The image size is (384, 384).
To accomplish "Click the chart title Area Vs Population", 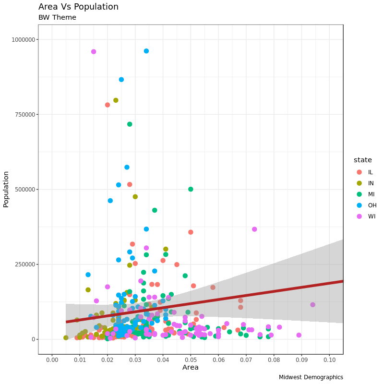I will (78, 7).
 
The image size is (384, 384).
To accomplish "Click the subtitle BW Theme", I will (57, 18).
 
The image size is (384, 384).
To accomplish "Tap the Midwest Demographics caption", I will (311, 377).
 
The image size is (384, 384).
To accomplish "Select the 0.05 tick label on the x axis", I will (191, 360).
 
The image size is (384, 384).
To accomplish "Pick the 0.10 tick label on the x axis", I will (329, 360).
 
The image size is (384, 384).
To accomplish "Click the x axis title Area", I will (190, 368).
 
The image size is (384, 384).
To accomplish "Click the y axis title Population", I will (6, 189).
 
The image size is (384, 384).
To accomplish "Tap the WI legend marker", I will (359, 216).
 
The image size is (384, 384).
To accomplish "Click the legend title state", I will (362, 160).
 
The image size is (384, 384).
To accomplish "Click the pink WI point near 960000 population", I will (94, 52).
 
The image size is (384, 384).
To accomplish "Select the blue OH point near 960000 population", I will (146, 51).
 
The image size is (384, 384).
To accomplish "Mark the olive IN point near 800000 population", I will (116, 100).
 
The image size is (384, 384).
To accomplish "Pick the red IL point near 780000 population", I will (108, 105).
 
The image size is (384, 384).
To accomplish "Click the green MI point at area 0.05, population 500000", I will (191, 189).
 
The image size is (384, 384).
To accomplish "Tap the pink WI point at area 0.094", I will (312, 305).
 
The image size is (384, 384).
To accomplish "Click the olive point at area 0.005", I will (66, 338).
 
